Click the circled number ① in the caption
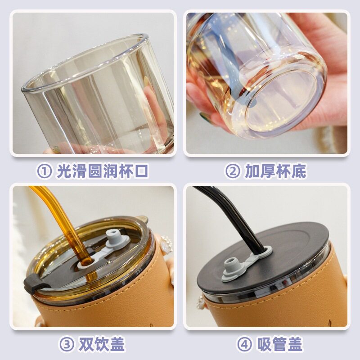44,171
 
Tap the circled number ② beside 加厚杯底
233,171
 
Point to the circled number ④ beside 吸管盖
244,344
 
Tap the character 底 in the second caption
298,171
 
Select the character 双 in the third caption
86,344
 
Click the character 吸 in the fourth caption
264,344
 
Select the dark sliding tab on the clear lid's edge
33,282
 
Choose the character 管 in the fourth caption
279,344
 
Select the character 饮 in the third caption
102,344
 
